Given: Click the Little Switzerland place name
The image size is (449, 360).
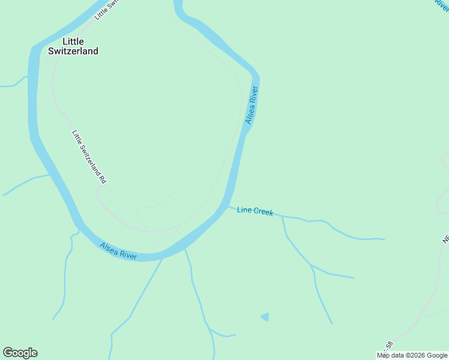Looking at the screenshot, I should (73, 46).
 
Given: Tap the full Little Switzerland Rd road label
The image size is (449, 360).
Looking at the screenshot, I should (89, 157).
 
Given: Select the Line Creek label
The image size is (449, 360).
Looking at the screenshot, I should (255, 211).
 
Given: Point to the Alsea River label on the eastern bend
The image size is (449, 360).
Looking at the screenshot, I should (252, 106).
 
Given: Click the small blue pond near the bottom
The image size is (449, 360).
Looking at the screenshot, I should (265, 316).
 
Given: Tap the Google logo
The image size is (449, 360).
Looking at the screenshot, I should (20, 353).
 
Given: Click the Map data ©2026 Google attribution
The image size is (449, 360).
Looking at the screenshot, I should (412, 355).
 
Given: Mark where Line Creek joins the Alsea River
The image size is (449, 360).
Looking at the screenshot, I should (228, 206).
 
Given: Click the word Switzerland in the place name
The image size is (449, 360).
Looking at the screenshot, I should (73, 52).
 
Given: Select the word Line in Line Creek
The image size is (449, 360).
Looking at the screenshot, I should (244, 209).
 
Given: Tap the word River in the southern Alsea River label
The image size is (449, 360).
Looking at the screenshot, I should (128, 254).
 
